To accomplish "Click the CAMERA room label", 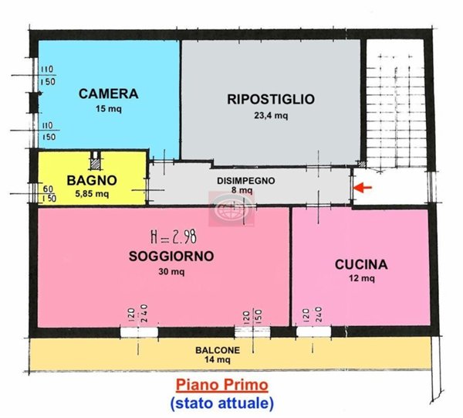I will click(x=109, y=94).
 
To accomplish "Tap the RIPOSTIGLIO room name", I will click(x=270, y=98).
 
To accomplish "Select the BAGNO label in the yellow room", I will click(x=91, y=180).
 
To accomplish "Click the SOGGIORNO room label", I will click(x=171, y=256).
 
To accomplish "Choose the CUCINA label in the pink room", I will click(x=360, y=264).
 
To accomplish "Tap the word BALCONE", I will click(x=217, y=350).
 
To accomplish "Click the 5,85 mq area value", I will click(x=92, y=194).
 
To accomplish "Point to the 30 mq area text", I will click(x=171, y=271).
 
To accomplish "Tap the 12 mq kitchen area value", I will click(x=360, y=279).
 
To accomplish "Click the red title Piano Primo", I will click(x=221, y=384).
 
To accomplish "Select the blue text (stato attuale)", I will click(x=221, y=402).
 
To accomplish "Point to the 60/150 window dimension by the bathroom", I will click(x=48, y=192).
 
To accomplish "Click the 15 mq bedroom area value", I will click(x=109, y=110).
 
